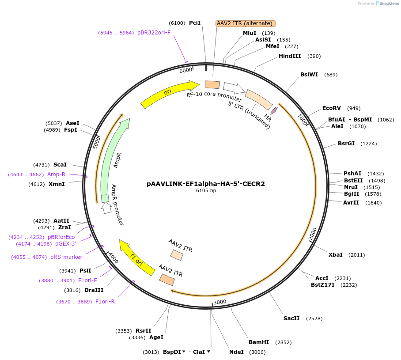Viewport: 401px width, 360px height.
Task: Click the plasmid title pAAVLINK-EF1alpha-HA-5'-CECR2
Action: click(206, 184)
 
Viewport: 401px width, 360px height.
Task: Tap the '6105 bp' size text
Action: click(206, 191)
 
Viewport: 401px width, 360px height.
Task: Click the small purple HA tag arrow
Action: click(274, 110)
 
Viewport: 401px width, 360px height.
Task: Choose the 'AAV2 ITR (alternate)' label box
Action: click(246, 23)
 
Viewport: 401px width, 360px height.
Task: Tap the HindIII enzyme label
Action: click(290, 56)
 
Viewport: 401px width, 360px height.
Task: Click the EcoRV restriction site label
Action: click(332, 108)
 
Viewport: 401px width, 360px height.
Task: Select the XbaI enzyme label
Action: click(336, 255)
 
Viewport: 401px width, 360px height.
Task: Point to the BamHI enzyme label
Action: click(259, 342)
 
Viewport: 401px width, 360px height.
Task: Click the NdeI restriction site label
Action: click(236, 352)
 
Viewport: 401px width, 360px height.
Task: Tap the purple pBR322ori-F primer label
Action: click(153, 33)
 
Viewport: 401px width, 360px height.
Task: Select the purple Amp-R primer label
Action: click(56, 174)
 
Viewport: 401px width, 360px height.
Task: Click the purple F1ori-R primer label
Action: click(105, 302)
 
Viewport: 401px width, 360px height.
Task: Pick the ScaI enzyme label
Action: click(60, 165)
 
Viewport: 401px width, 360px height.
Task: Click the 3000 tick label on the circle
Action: click(219, 302)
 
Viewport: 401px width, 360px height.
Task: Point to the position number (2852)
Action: click(283, 342)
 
